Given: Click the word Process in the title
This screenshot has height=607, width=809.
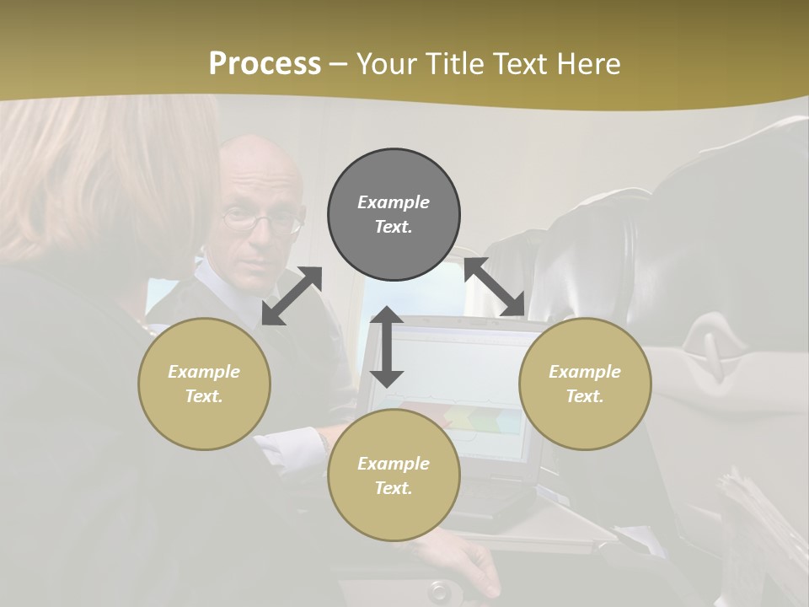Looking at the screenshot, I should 265,64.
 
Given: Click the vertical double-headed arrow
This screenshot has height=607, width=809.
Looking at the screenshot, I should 387,346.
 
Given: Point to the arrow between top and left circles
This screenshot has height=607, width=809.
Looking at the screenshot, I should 292,296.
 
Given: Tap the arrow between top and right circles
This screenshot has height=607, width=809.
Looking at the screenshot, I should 495,287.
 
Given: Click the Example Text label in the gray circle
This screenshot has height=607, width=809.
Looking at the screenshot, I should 394,214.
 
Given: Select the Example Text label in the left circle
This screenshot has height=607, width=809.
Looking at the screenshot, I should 204,384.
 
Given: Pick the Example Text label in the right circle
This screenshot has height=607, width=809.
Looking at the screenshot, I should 585,384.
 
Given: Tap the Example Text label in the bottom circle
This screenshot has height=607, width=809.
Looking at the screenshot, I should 394,475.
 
